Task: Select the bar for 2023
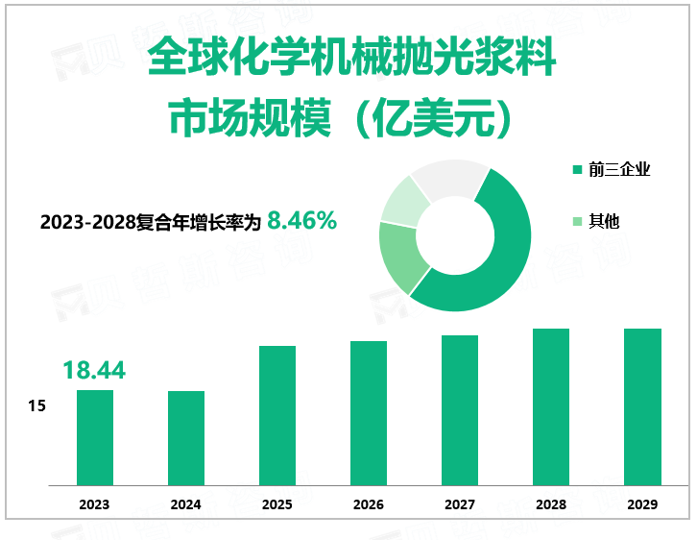pos(95,437)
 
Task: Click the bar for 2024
pos(186,438)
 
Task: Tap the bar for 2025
pos(277,415)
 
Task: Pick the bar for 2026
pos(369,413)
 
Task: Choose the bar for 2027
pos(460,410)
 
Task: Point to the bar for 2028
pos(551,406)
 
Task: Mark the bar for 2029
pos(642,406)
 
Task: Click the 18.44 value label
pos(94,370)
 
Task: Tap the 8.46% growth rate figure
pos(301,221)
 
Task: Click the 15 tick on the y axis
pos(37,406)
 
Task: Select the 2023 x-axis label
pos(95,504)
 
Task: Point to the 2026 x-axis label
pos(369,504)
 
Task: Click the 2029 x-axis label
pos(642,504)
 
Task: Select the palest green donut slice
pos(403,200)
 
